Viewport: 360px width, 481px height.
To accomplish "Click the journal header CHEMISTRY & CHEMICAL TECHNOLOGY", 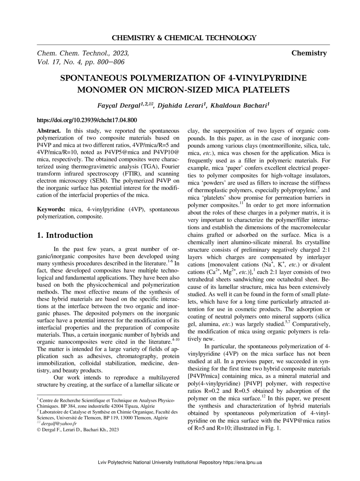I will (184, 38).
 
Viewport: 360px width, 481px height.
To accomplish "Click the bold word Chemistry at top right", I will (309, 53).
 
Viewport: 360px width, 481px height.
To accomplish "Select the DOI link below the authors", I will (87, 120).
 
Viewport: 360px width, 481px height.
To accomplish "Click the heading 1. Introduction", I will (65, 235).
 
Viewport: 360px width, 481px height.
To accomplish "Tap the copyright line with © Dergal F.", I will (78, 429).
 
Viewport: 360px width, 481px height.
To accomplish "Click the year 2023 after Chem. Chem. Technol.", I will (120, 53).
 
